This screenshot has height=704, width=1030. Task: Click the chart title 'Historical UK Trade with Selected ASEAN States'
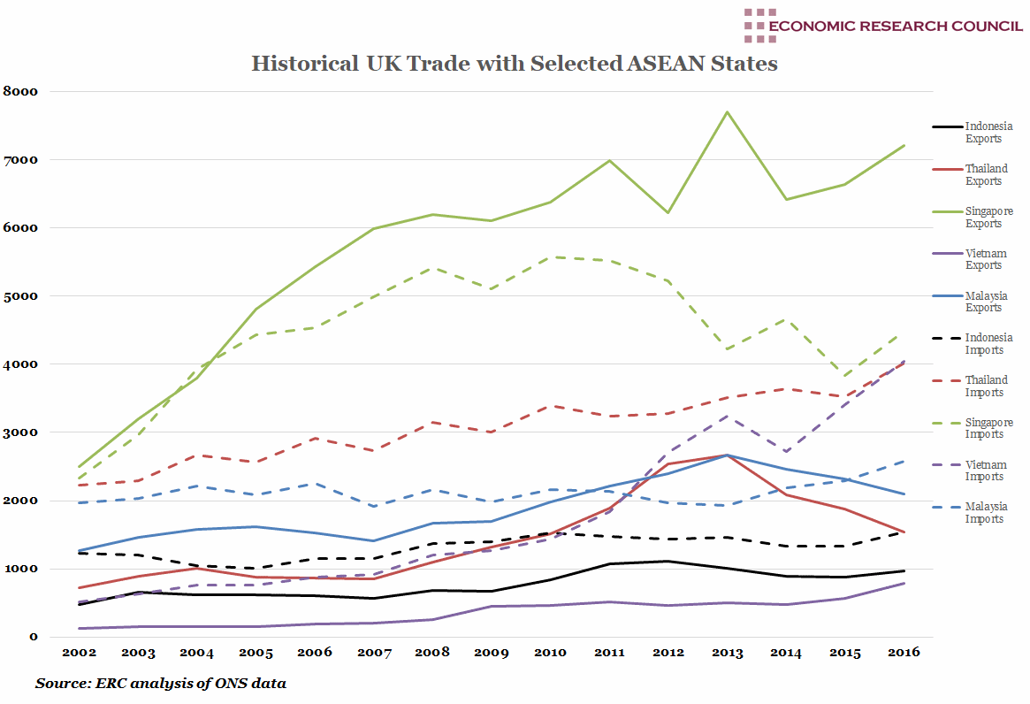[x=515, y=64]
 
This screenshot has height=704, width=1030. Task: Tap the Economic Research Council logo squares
[x=759, y=26]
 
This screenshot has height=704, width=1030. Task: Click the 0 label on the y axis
[x=34, y=637]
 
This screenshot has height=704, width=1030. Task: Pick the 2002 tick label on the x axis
[x=80, y=653]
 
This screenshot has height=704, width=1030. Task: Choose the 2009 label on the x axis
[x=492, y=653]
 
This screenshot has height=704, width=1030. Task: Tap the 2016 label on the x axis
[x=904, y=653]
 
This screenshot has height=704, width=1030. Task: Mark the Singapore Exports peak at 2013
[x=727, y=112]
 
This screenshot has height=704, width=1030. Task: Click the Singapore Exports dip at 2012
[x=668, y=212]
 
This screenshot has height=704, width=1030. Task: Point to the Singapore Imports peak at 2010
[x=550, y=257]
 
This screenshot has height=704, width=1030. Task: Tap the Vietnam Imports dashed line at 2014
[x=786, y=451]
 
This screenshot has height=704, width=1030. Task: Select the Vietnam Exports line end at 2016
[x=904, y=583]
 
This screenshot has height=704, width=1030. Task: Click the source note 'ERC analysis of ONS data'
[x=161, y=684]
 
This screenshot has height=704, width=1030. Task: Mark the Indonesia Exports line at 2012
[x=668, y=561]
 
